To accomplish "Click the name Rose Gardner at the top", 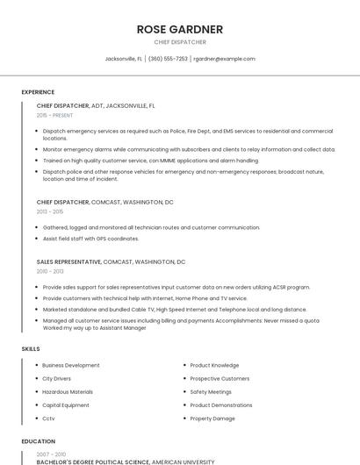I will pyautogui.click(x=180, y=29).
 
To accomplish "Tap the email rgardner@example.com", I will pyautogui.click(x=224, y=59).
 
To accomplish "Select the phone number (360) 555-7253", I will pyautogui.click(x=168, y=59).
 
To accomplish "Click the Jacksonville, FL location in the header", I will pyautogui.click(x=124, y=59).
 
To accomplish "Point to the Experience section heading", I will pyautogui.click(x=38, y=92).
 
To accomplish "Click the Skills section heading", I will pyautogui.click(x=31, y=349).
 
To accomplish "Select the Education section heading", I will pyautogui.click(x=38, y=441).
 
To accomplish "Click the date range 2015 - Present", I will pyautogui.click(x=54, y=115).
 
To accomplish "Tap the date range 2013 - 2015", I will pyautogui.click(x=50, y=211).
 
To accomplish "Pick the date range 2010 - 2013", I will pyautogui.click(x=50, y=271).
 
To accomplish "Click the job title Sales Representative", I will pyautogui.click(x=68, y=261).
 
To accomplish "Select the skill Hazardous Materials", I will pyautogui.click(x=68, y=392).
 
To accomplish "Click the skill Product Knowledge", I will pyautogui.click(x=214, y=365).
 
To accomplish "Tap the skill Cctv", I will pyautogui.click(x=48, y=418).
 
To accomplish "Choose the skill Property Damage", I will pyautogui.click(x=212, y=418).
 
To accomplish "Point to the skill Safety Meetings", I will pyautogui.click(x=211, y=392).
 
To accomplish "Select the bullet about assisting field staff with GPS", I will pyautogui.click(x=90, y=239).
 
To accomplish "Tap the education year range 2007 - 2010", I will pyautogui.click(x=50, y=454).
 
